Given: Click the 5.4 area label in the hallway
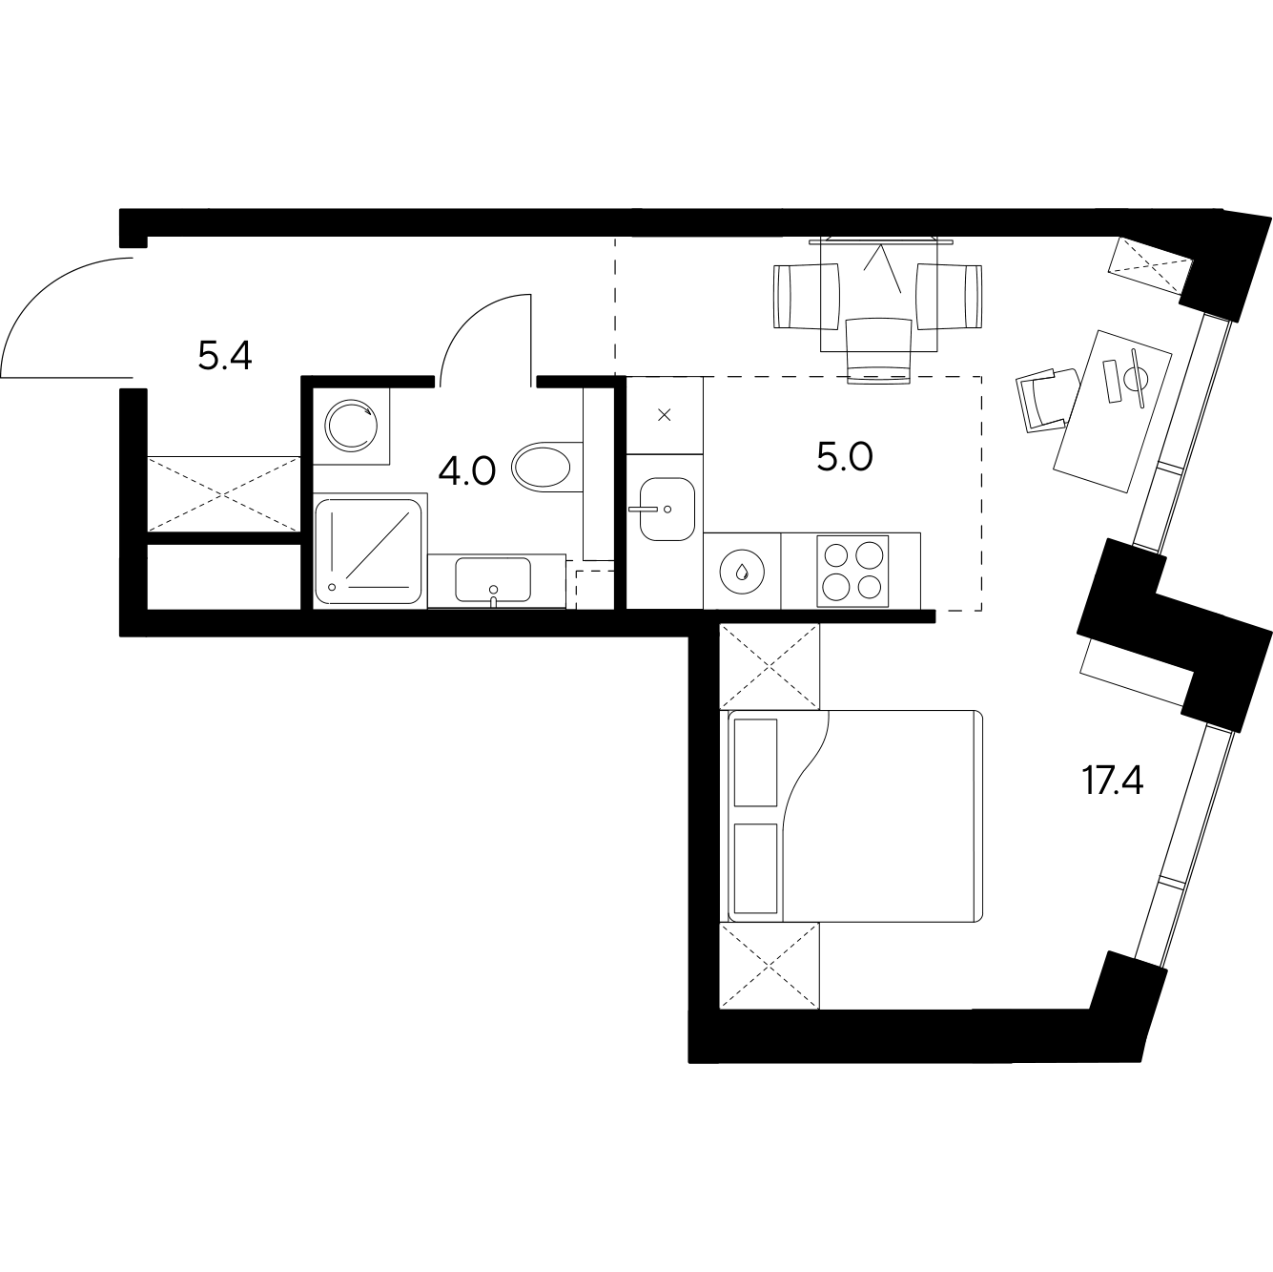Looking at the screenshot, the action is pos(225,356).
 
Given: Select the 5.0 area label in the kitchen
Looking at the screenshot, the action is pos(845,457).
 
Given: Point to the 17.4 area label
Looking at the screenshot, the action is pos(1113,781).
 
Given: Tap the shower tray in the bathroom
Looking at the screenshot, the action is pos(369,552).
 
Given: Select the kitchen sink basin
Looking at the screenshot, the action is pos(667,509).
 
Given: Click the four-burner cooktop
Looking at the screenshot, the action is pos(852,571).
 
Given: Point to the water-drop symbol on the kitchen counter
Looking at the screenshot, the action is pos(743,571).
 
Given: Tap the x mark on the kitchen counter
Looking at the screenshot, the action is pos(665,415).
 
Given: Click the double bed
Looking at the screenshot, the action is pos(855,816).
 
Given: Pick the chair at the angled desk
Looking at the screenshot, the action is pos(1046,400).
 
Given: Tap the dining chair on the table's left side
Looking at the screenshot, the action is pos(807,296).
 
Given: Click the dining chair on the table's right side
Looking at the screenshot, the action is pos(949,296).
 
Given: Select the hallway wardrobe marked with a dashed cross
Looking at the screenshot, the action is pos(224,494).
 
